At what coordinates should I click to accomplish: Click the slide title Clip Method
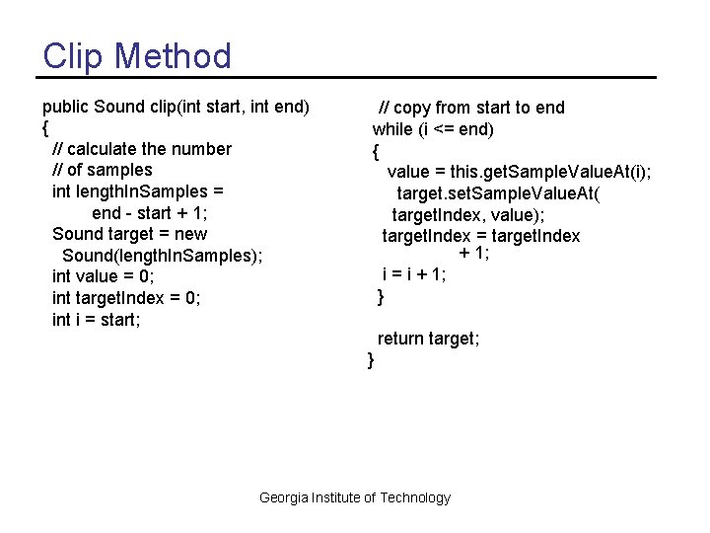(137, 55)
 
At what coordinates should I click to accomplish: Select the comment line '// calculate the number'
(142, 148)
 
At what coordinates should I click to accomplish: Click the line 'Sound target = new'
(129, 234)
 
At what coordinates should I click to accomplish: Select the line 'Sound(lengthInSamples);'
(162, 256)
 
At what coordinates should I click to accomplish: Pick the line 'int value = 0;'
(103, 276)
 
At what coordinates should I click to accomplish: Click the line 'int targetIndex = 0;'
(125, 298)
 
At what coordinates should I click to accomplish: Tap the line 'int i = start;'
(96, 319)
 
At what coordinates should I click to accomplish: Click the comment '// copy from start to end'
(472, 108)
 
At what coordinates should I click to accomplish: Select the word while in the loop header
(392, 129)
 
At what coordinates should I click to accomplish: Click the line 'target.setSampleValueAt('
(498, 193)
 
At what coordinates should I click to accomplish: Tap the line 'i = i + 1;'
(414, 275)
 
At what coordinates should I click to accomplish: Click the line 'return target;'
(428, 339)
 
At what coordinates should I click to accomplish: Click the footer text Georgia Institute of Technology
(354, 497)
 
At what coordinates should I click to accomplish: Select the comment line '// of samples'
(102, 170)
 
